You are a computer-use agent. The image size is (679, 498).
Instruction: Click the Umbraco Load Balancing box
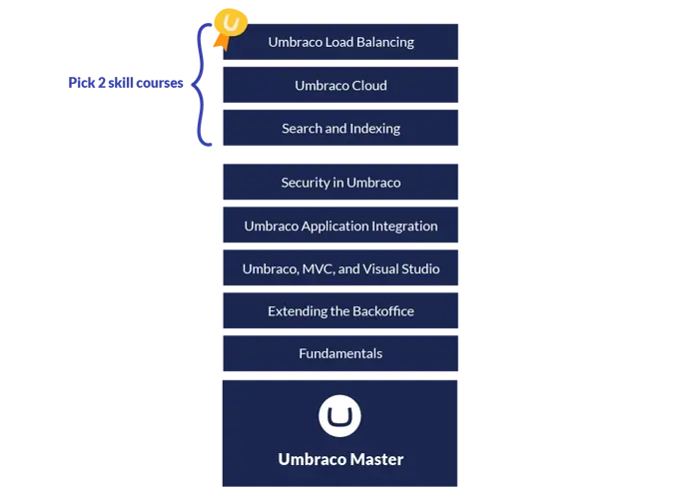[x=340, y=42]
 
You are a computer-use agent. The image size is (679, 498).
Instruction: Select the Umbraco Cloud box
[x=340, y=85]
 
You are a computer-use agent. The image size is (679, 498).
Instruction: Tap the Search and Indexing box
[x=340, y=128]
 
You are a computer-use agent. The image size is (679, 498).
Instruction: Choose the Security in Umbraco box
[x=340, y=183]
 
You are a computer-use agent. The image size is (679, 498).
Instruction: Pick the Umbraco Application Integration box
[x=340, y=226]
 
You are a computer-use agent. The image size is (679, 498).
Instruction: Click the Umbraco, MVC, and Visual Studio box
[x=340, y=268]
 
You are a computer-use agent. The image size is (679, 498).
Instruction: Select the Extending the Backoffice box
[x=340, y=311]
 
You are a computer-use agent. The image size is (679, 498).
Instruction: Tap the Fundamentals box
[x=340, y=353]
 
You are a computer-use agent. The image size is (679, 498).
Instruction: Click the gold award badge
[x=231, y=22]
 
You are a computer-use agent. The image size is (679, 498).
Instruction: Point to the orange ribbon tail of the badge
[x=221, y=42]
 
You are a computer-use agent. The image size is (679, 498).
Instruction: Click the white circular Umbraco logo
[x=339, y=416]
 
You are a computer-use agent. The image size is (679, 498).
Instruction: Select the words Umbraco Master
[x=340, y=459]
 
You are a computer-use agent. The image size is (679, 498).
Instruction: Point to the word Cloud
[x=367, y=85]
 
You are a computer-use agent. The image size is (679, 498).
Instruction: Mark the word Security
[x=305, y=183]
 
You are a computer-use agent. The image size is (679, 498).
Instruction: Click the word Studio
[x=418, y=268]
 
